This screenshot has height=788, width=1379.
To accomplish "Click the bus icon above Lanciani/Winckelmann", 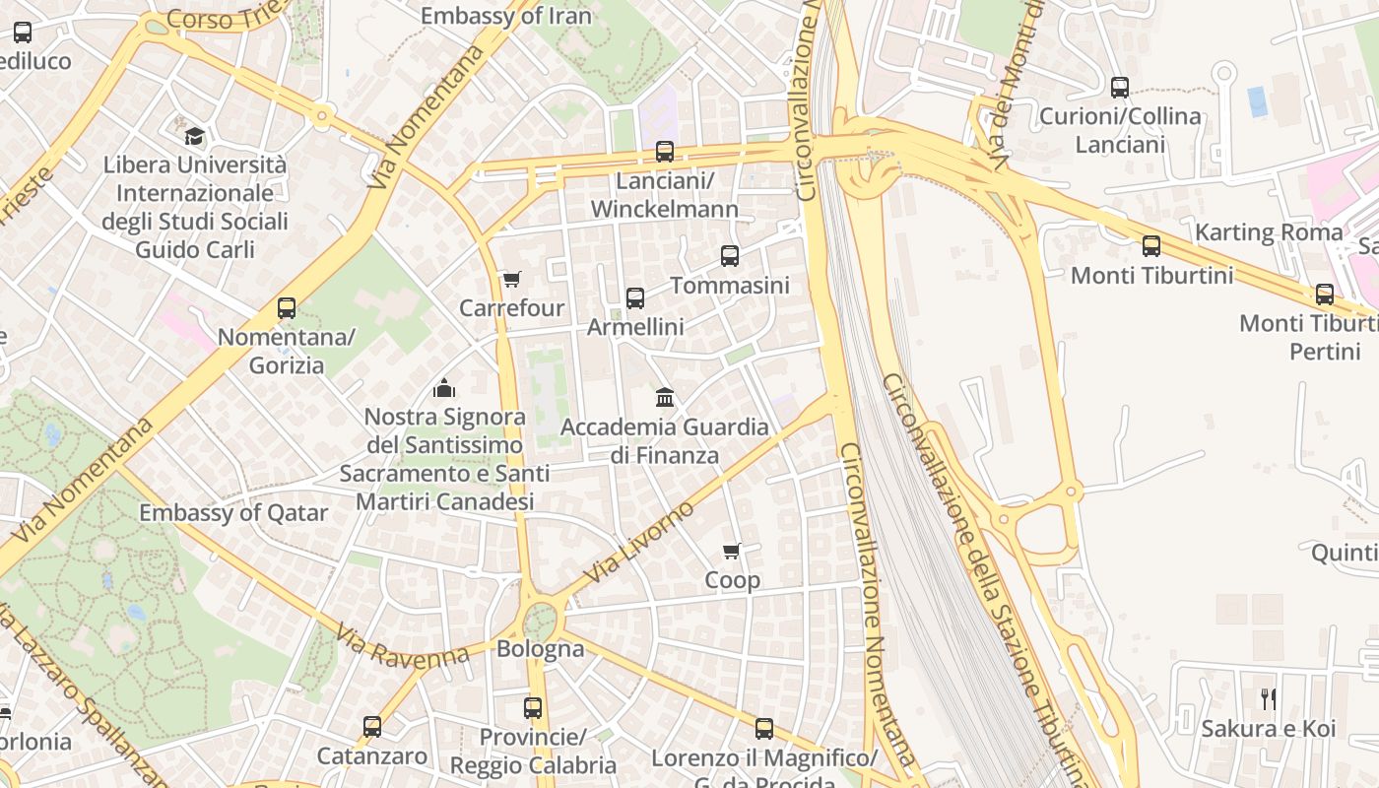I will (665, 152).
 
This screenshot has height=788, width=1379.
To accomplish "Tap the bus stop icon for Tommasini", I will (730, 256).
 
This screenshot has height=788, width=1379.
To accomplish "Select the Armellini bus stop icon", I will (635, 297).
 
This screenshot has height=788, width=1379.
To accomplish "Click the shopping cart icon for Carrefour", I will (511, 280).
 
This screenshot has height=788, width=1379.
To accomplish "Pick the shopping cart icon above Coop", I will (732, 551).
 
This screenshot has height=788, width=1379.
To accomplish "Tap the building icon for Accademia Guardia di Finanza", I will (665, 398).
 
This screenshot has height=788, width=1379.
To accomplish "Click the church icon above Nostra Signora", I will (444, 388).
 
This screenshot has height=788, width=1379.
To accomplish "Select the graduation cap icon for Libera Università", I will (195, 136).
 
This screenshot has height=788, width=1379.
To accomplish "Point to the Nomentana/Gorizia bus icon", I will (287, 308).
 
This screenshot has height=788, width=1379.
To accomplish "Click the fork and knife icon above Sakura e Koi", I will (1269, 699).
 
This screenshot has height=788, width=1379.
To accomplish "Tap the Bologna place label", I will (540, 649).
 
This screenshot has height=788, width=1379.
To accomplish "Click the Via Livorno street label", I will (638, 542).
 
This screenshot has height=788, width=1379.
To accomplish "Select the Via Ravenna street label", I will (402, 647).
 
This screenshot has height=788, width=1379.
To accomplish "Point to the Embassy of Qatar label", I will (233, 513).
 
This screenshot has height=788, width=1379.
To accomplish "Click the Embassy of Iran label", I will (506, 16).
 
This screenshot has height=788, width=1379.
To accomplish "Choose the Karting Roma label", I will (1269, 232).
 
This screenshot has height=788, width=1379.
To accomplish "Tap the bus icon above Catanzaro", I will (372, 727).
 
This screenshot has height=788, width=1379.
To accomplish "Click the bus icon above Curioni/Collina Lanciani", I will (1120, 88).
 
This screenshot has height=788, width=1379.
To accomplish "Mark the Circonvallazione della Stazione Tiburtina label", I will (985, 571).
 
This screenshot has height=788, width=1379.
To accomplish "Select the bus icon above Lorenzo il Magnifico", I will (764, 729).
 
